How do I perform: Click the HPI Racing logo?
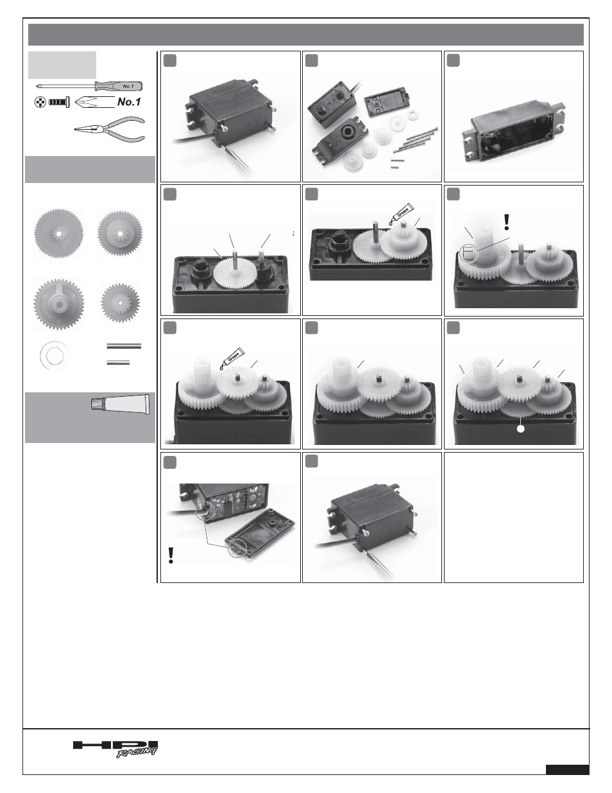[115, 748]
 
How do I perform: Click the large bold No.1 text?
[129, 102]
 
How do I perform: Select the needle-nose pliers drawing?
[110, 129]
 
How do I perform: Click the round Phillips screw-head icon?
[40, 103]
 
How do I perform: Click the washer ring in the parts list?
[54, 354]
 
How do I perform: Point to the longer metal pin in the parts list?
[124, 346]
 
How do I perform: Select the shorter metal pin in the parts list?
[118, 362]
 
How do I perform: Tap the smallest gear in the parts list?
[121, 303]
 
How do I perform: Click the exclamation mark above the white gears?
[507, 222]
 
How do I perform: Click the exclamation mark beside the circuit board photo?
[170, 556]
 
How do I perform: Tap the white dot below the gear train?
[521, 429]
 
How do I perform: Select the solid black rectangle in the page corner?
[568, 769]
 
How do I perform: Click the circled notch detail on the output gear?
[469, 253]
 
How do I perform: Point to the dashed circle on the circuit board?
[205, 510]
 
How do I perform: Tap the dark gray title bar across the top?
[306, 35]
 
